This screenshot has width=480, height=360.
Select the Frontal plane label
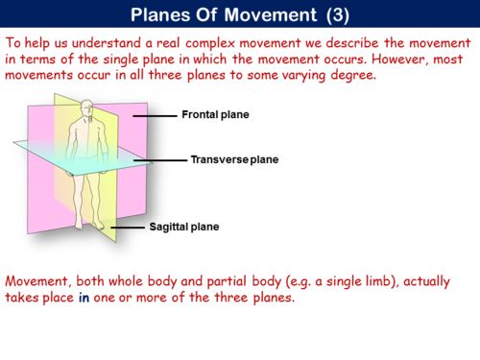coord(215,114)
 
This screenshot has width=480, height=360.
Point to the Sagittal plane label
coord(184,228)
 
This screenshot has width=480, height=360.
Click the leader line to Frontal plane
coord(154,115)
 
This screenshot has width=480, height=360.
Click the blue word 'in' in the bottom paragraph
coord(84,298)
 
